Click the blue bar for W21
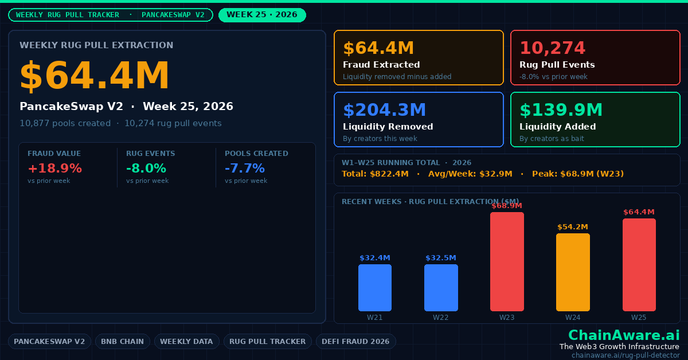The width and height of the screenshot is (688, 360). point(375,288)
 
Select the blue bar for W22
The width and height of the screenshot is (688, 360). point(441,288)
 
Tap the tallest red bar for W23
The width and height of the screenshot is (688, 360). point(507,261)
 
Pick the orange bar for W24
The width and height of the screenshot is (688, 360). point(573,272)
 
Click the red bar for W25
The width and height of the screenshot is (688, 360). point(639,265)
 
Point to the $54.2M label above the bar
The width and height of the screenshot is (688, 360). point(573,227)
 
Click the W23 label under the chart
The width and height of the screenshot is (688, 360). point(507,318)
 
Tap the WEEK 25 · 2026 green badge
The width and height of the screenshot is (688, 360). point(262,15)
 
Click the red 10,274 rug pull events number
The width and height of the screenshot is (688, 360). point(553,48)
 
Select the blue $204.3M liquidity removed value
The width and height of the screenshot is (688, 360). point(385,109)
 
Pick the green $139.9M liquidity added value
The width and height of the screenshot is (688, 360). point(561,109)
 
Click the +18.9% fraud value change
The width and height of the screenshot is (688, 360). point(55,169)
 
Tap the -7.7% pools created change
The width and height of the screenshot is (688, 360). point(245,169)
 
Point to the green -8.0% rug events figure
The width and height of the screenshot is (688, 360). point(146,169)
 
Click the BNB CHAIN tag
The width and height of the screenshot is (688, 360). point(123,341)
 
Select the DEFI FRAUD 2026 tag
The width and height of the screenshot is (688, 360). point(355,341)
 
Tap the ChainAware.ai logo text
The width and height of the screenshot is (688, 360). point(624,335)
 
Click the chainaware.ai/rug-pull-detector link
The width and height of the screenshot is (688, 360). point(626,355)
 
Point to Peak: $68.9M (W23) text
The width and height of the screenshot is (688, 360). point(578,174)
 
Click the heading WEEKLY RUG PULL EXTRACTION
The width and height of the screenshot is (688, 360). point(96,45)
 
